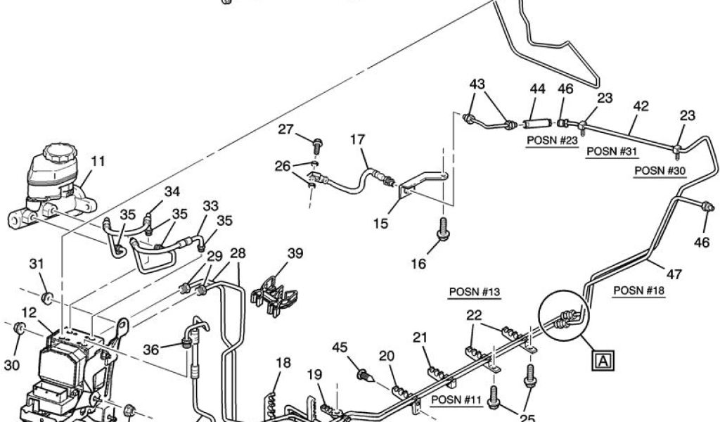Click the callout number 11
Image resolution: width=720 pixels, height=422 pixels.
98,161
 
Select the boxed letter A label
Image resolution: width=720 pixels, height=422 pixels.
603,362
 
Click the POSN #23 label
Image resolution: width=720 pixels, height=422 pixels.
552,139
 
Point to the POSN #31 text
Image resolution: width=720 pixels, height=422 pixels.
611,151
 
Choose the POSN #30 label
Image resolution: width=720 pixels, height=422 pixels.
660,170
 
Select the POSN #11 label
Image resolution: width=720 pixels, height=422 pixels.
455,401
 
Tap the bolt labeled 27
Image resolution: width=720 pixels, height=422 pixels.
316,146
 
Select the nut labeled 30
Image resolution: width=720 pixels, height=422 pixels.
22,327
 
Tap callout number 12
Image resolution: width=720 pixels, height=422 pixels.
29,312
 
